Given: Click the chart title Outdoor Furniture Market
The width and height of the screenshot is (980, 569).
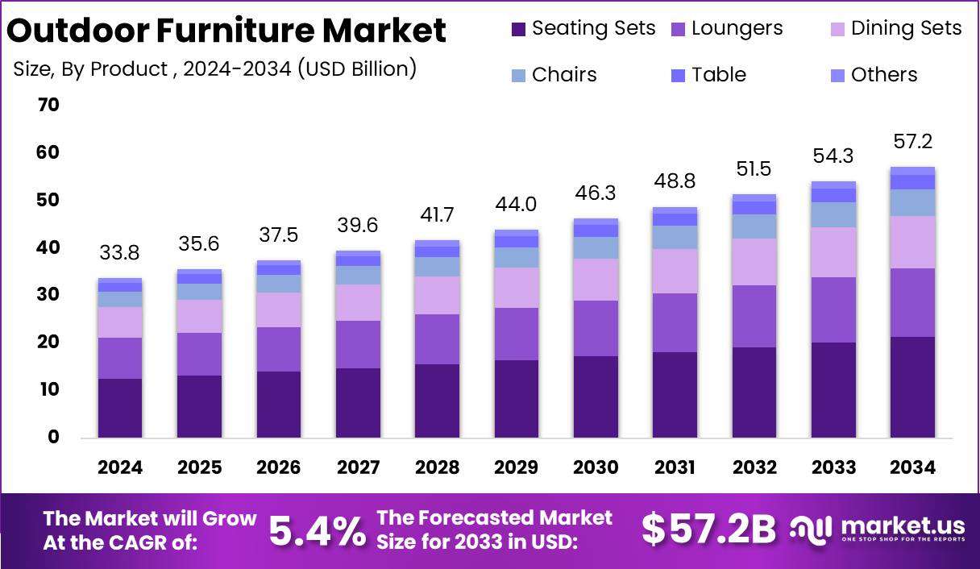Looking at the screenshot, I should pos(226,30).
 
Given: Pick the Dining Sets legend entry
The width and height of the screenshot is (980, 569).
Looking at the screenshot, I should pos(895,28).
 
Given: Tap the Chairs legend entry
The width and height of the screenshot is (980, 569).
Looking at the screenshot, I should pos(554,75).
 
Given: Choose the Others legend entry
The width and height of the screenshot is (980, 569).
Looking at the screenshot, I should pos(874,75).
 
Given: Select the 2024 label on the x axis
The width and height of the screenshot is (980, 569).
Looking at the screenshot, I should pos(120,468).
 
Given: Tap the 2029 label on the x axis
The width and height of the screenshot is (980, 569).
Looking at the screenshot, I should pos(517,468).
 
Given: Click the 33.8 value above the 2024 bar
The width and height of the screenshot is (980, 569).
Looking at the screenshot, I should pos(119,254).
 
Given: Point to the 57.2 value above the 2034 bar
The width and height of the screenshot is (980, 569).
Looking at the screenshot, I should pos(912,143).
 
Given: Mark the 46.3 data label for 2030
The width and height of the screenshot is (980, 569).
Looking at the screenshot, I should pos(596,194).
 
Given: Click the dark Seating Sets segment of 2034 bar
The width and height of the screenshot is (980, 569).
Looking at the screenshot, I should pos(912,387).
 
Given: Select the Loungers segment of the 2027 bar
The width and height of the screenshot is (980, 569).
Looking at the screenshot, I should pos(358,344).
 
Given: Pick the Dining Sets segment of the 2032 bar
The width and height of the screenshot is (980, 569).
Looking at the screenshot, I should pos(754,262).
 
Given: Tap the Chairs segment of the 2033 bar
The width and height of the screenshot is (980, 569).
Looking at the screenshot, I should pos(833,214).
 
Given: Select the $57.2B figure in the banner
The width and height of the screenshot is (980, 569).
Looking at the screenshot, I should pos(708,530).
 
